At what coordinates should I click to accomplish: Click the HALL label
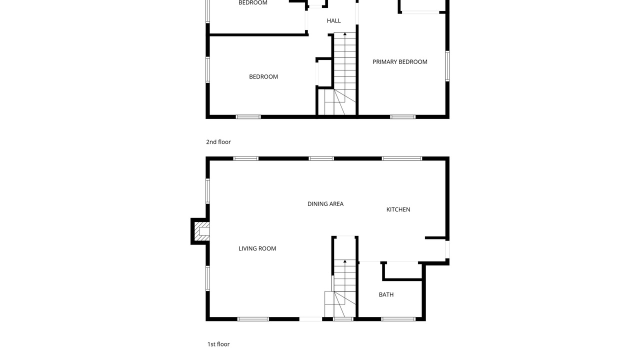tap(333, 21)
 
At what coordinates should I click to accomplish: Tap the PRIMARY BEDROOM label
tap(399, 62)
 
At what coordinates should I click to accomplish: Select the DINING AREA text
tap(325, 204)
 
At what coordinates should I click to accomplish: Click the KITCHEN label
tap(398, 209)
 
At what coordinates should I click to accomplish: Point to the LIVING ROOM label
tap(257, 249)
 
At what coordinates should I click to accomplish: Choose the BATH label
tap(386, 294)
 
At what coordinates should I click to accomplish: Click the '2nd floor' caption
tap(218, 142)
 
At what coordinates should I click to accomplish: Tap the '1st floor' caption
tap(218, 344)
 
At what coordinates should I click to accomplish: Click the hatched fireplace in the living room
tap(202, 231)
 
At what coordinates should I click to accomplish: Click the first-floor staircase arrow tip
tap(345, 260)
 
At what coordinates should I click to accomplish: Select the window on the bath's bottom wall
tap(398, 319)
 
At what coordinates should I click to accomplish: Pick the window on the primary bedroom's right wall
tap(447, 66)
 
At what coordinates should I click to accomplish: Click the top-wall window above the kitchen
tap(401, 158)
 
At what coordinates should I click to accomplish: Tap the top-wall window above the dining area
tap(321, 158)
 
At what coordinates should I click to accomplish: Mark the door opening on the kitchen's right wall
tap(447, 249)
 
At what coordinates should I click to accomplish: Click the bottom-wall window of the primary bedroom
tap(402, 117)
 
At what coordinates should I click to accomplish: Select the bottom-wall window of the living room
tap(253, 319)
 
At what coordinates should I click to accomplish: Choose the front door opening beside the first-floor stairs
tap(311, 319)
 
